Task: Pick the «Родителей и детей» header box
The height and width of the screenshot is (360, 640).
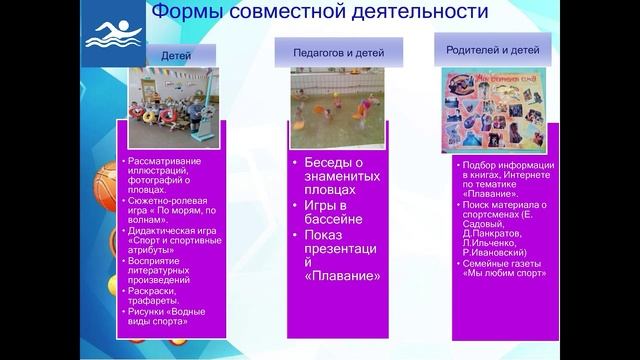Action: coord(492,47)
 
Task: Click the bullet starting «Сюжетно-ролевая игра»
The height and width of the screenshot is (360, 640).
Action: coord(165,213)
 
